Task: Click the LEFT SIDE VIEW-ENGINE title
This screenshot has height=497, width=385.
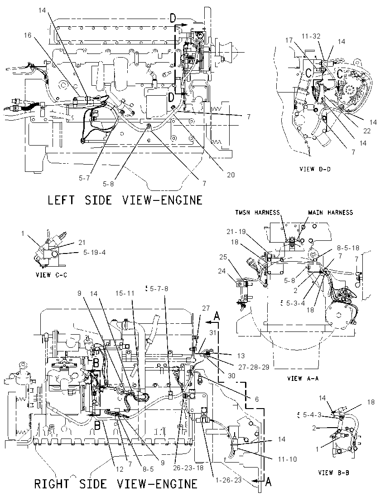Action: (x=125, y=200)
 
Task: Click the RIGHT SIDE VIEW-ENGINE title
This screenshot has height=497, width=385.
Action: (x=116, y=484)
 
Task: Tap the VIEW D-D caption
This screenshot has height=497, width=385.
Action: (x=315, y=169)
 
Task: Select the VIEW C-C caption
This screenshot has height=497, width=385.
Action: (x=51, y=275)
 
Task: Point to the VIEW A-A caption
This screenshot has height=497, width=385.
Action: (x=303, y=378)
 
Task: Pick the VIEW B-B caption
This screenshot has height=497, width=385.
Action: (x=333, y=472)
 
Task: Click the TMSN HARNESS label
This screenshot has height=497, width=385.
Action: (x=257, y=212)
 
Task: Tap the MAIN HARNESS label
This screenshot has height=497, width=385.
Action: (x=330, y=212)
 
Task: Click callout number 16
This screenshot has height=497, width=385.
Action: (x=28, y=35)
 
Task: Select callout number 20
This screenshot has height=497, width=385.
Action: (x=231, y=175)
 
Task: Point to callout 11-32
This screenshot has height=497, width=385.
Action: (x=311, y=36)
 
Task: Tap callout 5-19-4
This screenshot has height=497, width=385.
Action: (x=94, y=253)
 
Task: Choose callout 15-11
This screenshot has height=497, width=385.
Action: (x=125, y=293)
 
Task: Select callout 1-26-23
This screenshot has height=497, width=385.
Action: (x=228, y=480)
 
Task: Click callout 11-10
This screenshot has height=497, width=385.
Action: (x=288, y=459)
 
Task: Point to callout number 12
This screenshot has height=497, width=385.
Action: (x=120, y=469)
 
